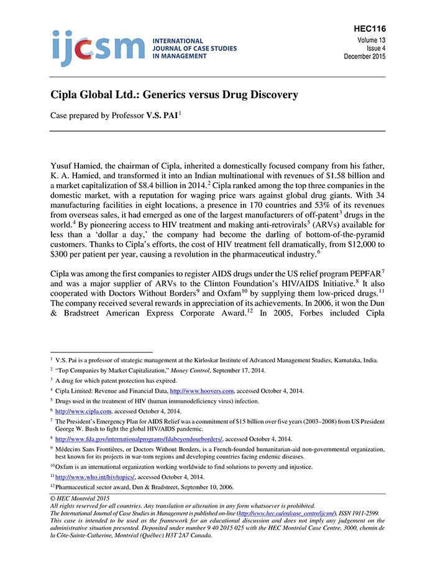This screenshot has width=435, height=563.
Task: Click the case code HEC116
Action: point(369,29)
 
